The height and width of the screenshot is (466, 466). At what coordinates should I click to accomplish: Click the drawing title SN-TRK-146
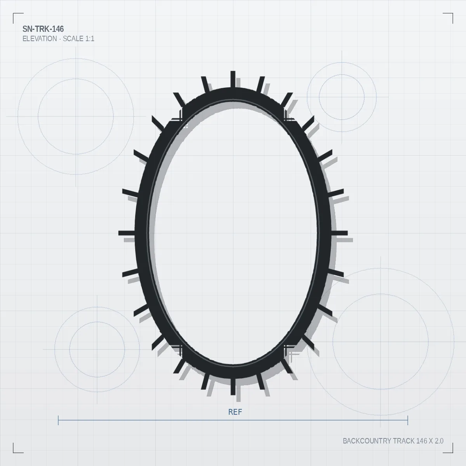[x=43, y=29]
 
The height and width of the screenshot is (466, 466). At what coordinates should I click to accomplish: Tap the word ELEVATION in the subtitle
[x=40, y=39]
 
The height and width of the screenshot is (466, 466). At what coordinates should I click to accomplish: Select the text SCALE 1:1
[x=78, y=39]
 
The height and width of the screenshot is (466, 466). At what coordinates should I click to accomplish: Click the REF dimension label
[x=235, y=412]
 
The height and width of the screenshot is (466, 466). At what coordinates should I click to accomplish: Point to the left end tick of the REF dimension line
[x=58, y=420]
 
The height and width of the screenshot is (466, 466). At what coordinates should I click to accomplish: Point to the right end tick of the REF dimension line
[x=408, y=420]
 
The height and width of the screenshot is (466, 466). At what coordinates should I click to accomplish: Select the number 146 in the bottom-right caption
[x=422, y=441]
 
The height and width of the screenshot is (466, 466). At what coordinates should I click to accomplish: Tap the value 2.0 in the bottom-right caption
[x=439, y=441]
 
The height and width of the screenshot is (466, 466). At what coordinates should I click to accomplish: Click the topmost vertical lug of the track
[x=233, y=79]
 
